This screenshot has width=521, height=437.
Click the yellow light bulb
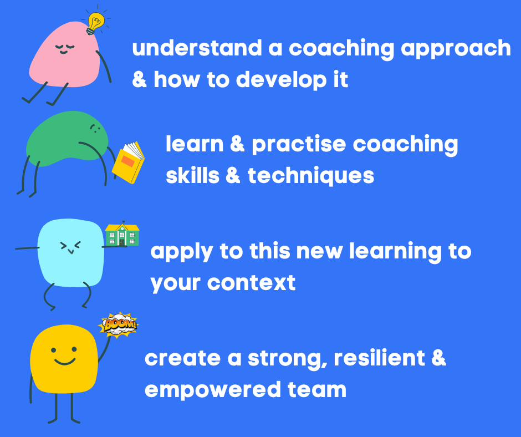[96, 23]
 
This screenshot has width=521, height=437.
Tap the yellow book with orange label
[128, 162]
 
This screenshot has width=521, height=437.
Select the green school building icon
[122, 235]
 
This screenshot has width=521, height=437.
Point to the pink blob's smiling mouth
[64, 52]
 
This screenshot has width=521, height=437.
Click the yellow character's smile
[65, 362]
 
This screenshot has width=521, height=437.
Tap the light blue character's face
[70, 247]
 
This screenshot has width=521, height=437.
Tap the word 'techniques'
[311, 176]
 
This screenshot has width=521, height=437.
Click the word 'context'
[251, 283]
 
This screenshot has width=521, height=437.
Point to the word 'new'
[319, 252]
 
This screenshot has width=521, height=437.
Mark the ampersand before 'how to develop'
[140, 79]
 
